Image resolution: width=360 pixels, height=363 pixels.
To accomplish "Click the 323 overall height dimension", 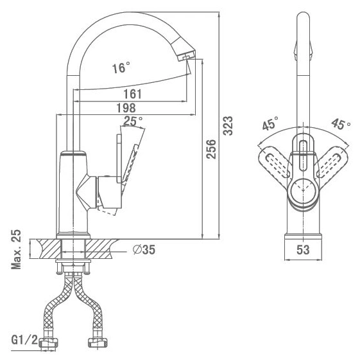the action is tap(228, 126).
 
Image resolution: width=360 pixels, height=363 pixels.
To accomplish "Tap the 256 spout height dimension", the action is tap(211, 149).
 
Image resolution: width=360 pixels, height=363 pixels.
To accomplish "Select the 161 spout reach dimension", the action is tap(132, 94).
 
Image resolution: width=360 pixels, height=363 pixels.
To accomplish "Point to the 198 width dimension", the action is tap(126, 108).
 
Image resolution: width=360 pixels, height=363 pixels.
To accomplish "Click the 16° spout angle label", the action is tap(121, 68).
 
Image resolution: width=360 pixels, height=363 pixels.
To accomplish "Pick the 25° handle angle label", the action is tap(133, 121).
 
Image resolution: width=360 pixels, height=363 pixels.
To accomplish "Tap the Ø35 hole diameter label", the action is tap(144, 249).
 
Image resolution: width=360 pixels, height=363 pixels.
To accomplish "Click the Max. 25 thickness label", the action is tap(16, 249).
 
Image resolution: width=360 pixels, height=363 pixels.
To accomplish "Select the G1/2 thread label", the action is tap(24, 340).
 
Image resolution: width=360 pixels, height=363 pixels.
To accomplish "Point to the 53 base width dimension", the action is tap(303, 249).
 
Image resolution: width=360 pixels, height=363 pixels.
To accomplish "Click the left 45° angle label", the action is tap(270, 123).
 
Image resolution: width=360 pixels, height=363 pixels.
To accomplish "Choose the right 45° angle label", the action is tap(341, 124).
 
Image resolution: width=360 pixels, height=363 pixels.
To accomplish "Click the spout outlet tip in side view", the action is tap(186, 56).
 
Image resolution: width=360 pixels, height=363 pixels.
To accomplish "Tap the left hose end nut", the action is tap(49, 342).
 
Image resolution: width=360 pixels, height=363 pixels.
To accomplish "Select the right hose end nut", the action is tap(98, 342).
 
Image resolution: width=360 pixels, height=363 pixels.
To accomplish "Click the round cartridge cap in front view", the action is tap(303, 191).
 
